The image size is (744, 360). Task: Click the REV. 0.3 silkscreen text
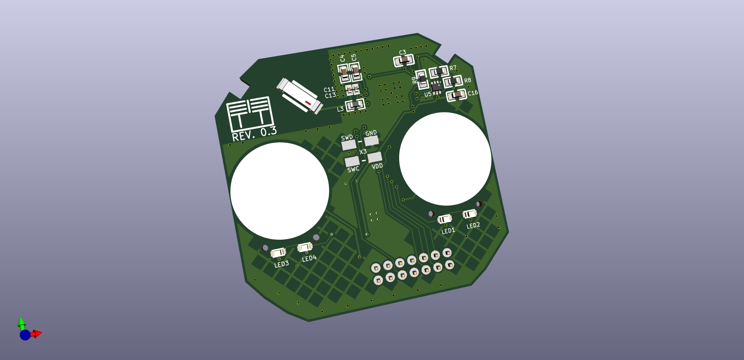tap(254, 134)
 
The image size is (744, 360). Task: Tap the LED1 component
tap(445, 219)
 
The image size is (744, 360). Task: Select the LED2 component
tap(470, 214)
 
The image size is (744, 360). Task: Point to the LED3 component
tap(278, 253)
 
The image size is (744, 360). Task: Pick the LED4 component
tap(305, 247)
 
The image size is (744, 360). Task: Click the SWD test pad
tap(349, 145)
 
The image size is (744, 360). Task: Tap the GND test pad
tap(371, 140)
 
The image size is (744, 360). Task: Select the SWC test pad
tap(352, 161)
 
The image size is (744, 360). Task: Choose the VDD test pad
tap(375, 157)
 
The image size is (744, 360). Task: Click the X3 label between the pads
tap(363, 152)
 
